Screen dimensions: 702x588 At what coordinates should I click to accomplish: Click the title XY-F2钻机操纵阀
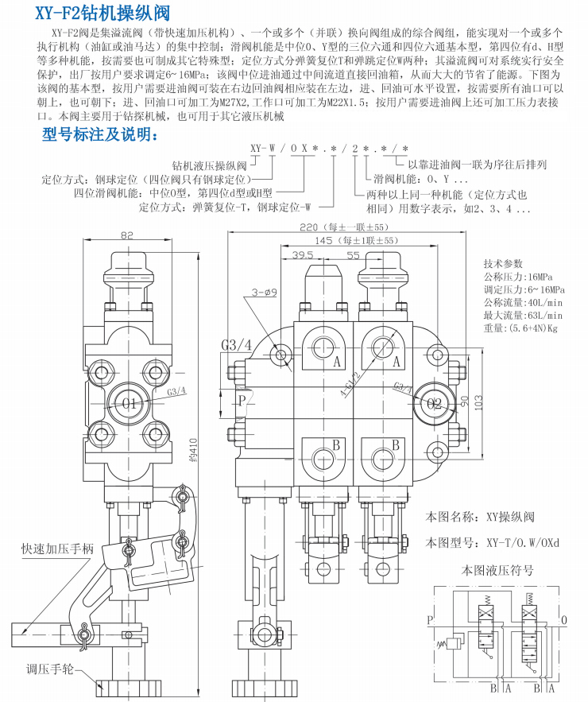pos(101,11)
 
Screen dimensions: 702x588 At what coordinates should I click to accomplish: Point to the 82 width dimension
pos(127,236)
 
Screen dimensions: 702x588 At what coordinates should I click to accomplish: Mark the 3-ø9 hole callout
pos(265,292)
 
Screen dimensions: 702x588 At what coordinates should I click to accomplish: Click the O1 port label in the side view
pos(130,403)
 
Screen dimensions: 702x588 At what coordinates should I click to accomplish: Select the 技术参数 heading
pos(503,263)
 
